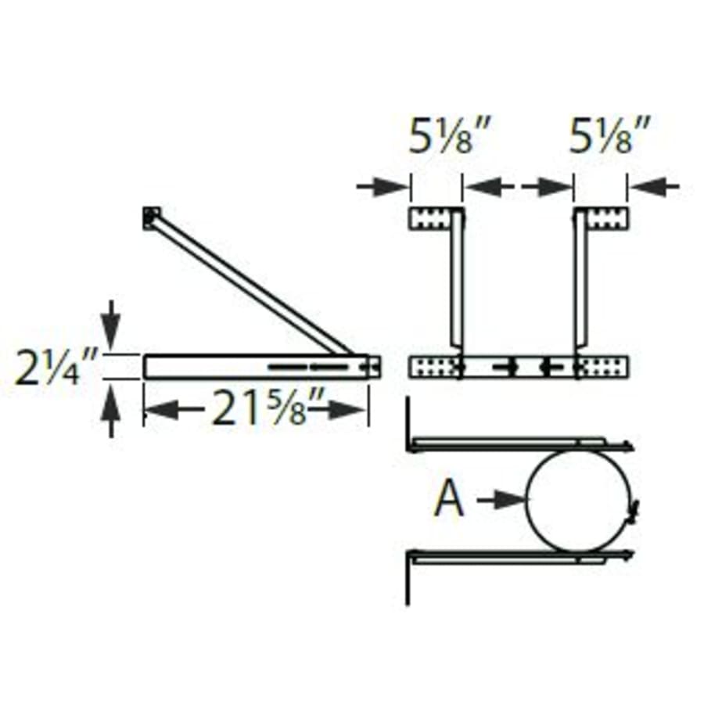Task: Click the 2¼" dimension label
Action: coord(56,366)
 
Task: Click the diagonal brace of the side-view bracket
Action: coord(250,283)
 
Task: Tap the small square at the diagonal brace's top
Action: coord(151,217)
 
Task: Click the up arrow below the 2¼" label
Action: coord(111,411)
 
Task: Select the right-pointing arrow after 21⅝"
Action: coord(344,409)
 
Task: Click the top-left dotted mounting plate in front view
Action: coord(433,218)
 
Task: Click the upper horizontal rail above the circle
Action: coord(516,444)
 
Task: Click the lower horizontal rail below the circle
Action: coord(516,557)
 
